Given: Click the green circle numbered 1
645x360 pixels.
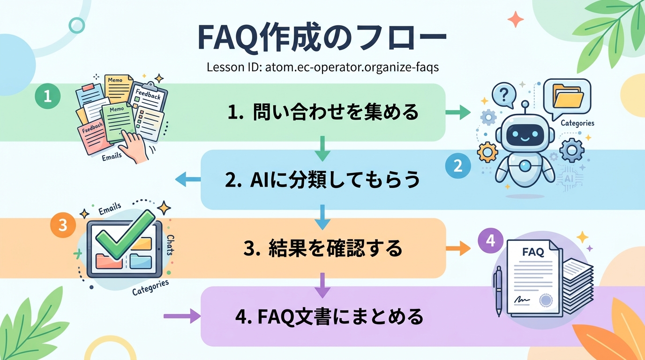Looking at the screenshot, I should pyautogui.click(x=47, y=96).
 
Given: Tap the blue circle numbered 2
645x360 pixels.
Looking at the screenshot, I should pyautogui.click(x=457, y=166).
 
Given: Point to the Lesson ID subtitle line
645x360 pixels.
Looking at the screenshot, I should pyautogui.click(x=322, y=67).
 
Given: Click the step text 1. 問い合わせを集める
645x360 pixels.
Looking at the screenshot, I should pyautogui.click(x=323, y=112).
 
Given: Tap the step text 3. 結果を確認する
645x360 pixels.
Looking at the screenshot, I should pyautogui.click(x=323, y=248).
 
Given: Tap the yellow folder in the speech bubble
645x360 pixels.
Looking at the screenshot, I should pyautogui.click(x=568, y=96).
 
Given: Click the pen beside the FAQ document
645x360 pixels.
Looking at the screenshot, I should pyautogui.click(x=498, y=291).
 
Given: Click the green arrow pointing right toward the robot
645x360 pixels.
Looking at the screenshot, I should pyautogui.click(x=457, y=112).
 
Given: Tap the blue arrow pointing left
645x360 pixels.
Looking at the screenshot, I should pyautogui.click(x=187, y=179).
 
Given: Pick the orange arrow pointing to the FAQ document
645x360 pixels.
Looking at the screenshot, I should pyautogui.click(x=457, y=248).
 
